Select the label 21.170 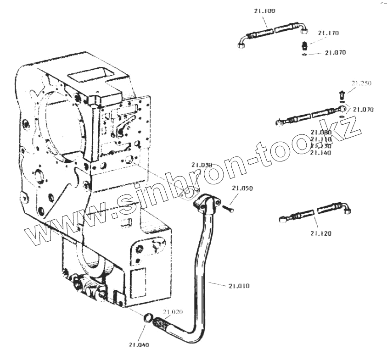(x=328, y=33)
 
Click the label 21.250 (x=361, y=83)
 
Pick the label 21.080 (x=320, y=132)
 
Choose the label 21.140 (x=320, y=152)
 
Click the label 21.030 (x=202, y=165)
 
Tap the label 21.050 (x=242, y=188)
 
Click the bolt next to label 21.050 (x=228, y=209)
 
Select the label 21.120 (x=320, y=233)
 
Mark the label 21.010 (x=239, y=286)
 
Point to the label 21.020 (x=172, y=312)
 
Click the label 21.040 (x=139, y=344)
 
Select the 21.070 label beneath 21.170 (x=335, y=53)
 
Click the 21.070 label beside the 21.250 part (x=364, y=110)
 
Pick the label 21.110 (x=320, y=139)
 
